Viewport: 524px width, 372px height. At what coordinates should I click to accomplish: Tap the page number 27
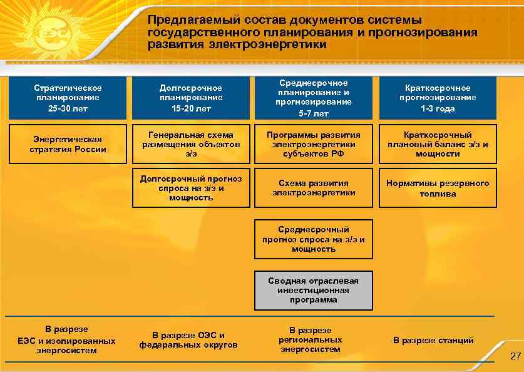pyautogui.click(x=515, y=356)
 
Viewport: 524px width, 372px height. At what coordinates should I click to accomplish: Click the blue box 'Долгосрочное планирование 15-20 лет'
pyautogui.click(x=191, y=98)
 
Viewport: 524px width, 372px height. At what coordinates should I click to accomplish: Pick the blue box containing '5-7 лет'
pyautogui.click(x=314, y=98)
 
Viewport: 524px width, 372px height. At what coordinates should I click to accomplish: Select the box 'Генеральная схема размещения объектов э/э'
pyautogui.click(x=191, y=144)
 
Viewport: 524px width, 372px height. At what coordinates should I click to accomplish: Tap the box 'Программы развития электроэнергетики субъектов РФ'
pyautogui.click(x=314, y=144)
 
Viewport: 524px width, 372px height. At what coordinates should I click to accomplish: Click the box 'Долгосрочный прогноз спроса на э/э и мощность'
pyautogui.click(x=191, y=188)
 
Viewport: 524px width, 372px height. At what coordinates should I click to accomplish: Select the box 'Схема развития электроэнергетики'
pyautogui.click(x=314, y=188)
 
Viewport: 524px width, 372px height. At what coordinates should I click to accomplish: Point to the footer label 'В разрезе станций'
pyautogui.click(x=433, y=340)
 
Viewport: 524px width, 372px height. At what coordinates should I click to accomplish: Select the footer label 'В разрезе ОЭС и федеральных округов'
pyautogui.click(x=188, y=339)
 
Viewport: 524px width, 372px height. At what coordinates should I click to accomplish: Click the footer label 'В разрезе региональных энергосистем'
pyautogui.click(x=311, y=339)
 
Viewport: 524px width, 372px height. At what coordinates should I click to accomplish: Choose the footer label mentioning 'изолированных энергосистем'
pyautogui.click(x=66, y=340)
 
